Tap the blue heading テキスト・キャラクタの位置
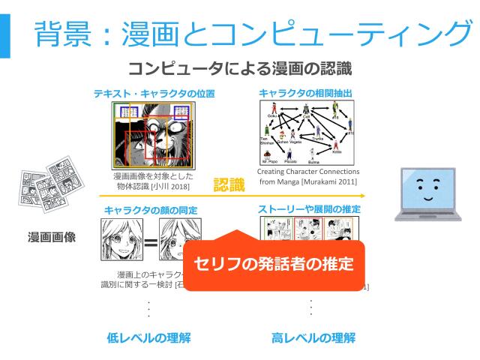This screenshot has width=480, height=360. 154,94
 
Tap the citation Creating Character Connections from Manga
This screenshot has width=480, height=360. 312,176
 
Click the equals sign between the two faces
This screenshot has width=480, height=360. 150,242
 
